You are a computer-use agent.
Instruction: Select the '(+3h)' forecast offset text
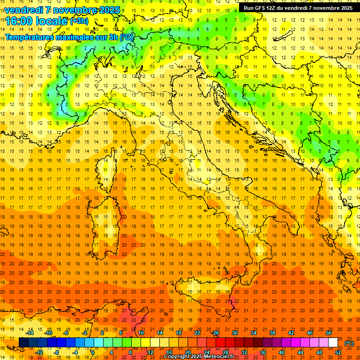coord(79,21)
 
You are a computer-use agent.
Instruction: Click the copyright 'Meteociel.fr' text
coord(222,357)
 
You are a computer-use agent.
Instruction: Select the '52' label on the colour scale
coord(338,352)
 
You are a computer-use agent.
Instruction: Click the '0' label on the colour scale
coord(92,352)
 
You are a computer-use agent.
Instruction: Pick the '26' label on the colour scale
coord(216,333)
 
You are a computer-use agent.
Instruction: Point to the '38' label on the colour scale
coord(272,333)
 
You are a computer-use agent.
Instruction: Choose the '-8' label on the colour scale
coord(57,352)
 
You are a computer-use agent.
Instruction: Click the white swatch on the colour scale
coord(333,343)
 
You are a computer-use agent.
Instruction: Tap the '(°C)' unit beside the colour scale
coord(349,343)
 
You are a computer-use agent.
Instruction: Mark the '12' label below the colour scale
coord(150,352)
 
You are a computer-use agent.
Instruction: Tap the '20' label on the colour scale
coord(188,352)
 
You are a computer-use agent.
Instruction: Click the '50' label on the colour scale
coord(329,333)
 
